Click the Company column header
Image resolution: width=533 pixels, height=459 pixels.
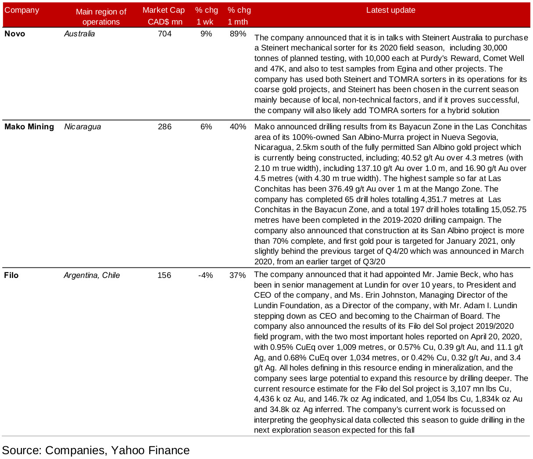pyautogui.click(x=21, y=10)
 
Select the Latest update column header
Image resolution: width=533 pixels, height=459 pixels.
pyautogui.click(x=390, y=10)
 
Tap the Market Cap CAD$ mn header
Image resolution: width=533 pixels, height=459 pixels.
pyautogui.click(x=164, y=16)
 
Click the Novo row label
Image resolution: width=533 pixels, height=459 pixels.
pyautogui.click(x=14, y=34)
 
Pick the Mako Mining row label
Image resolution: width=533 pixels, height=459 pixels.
pyautogui.click(x=29, y=127)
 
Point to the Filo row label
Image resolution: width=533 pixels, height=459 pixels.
pyautogui.click(x=11, y=275)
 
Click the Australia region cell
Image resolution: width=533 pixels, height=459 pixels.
pyautogui.click(x=79, y=34)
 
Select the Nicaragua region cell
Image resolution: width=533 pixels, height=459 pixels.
pyautogui.click(x=82, y=127)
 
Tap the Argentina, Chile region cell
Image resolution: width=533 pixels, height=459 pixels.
pyautogui.click(x=92, y=275)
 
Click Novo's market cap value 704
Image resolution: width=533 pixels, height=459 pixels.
pyautogui.click(x=165, y=34)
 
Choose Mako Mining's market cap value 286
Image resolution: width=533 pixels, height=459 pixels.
pyautogui.click(x=165, y=127)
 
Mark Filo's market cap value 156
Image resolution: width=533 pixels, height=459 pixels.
pyautogui.click(x=164, y=275)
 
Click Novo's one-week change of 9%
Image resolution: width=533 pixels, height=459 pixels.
pyautogui.click(x=206, y=34)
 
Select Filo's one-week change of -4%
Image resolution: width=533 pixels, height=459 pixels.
pyautogui.click(x=205, y=275)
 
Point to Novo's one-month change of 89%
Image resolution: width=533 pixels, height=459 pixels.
pyautogui.click(x=238, y=34)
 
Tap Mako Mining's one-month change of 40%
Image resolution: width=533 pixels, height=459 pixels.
pyautogui.click(x=238, y=127)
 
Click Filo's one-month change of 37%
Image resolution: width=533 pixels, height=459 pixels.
pyautogui.click(x=237, y=275)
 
